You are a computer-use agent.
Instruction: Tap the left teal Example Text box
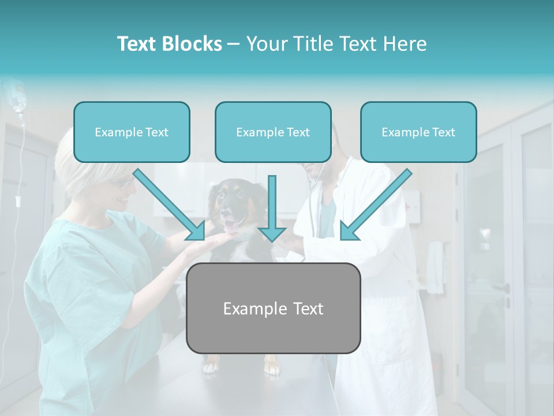tap(132, 132)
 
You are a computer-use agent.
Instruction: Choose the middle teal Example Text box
tap(273, 132)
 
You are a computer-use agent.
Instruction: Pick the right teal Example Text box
tap(418, 132)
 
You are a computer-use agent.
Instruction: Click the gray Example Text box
tap(273, 309)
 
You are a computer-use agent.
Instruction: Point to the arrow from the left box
tap(170, 205)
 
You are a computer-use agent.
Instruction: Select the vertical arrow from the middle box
tap(272, 208)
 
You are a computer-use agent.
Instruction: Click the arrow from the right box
tap(375, 205)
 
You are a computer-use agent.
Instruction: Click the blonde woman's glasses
tap(125, 183)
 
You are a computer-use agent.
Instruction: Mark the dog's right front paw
tap(211, 365)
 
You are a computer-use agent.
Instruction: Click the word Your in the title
tap(266, 44)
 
